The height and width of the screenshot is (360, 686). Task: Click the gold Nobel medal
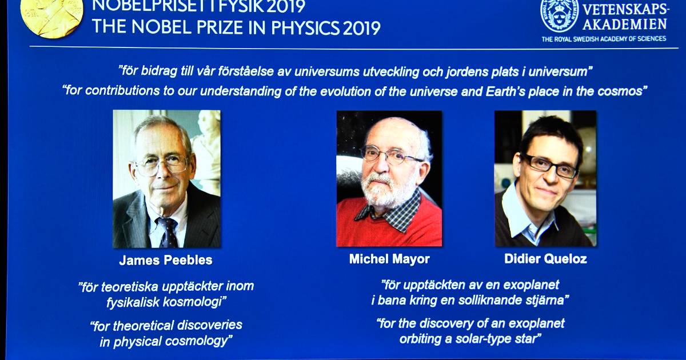click(51, 16)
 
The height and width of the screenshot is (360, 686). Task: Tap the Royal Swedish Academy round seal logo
click(560, 15)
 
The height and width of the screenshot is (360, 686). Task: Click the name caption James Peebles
click(166, 260)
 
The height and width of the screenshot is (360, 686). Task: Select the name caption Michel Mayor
click(389, 259)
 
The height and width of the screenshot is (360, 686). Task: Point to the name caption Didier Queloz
click(545, 259)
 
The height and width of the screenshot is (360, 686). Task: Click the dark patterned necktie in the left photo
click(167, 232)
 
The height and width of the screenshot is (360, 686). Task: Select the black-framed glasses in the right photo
click(549, 166)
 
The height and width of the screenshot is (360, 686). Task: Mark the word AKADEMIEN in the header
click(625, 24)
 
